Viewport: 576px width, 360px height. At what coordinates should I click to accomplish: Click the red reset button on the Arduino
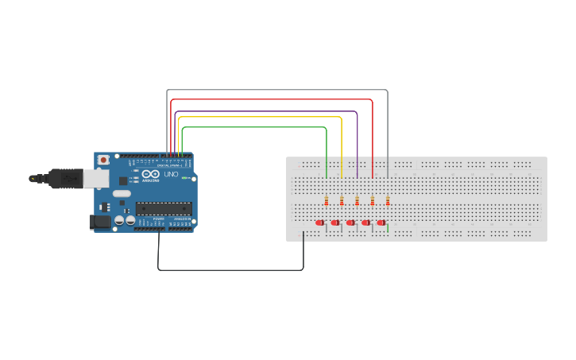102,160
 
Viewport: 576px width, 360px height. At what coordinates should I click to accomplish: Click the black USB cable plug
64,179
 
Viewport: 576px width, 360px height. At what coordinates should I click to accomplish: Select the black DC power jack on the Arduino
100,222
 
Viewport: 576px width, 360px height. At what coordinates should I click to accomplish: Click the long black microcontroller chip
163,209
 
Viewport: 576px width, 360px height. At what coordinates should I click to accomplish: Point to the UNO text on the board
171,174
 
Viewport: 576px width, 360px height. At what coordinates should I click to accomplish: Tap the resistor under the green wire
327,200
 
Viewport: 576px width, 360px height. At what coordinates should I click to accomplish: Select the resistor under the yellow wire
342,200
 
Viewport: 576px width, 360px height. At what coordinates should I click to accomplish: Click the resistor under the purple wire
358,200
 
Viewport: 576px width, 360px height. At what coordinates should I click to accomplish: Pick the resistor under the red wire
373,200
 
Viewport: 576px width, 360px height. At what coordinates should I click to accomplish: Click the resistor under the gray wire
388,200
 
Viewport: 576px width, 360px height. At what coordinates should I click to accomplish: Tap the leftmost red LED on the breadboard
320,223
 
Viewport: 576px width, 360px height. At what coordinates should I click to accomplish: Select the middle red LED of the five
350,223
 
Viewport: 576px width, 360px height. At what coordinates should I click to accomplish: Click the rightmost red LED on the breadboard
381,223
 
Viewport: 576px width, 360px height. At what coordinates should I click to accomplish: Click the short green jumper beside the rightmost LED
388,228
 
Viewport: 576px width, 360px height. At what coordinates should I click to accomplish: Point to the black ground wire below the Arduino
230,270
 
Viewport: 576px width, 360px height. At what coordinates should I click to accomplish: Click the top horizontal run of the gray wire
278,90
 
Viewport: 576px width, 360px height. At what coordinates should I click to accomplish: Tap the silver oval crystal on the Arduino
121,193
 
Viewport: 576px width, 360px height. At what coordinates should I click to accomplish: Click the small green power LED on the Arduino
184,178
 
